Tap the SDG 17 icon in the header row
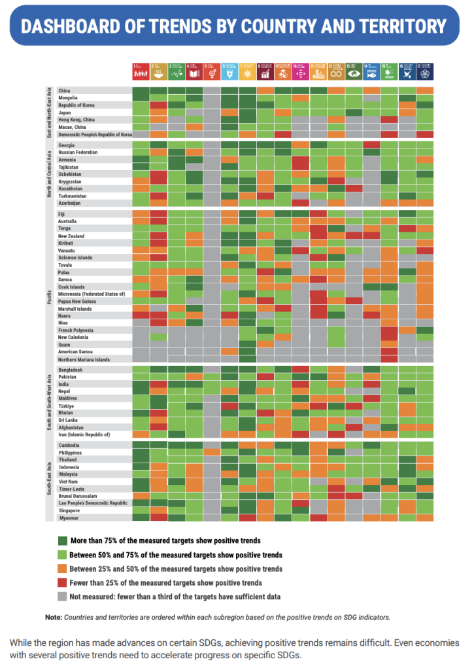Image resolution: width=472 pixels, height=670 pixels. click(x=424, y=71)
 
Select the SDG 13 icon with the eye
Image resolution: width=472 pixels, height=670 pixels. click(x=354, y=71)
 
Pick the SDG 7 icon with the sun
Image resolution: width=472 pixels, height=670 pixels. click(x=247, y=71)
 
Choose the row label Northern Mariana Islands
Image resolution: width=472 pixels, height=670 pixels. click(x=84, y=359)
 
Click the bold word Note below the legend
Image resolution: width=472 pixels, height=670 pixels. click(x=53, y=616)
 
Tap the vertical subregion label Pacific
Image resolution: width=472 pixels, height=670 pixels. click(x=49, y=286)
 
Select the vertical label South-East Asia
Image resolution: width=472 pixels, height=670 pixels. click(x=49, y=482)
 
